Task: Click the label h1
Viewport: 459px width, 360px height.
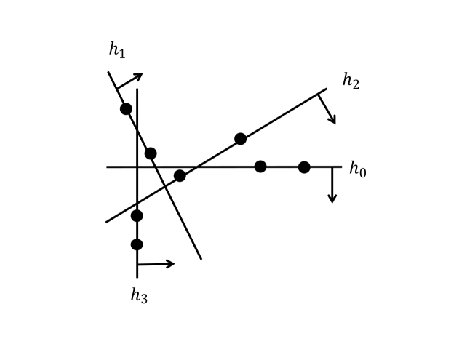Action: pyautogui.click(x=116, y=50)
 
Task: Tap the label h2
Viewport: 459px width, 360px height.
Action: pyautogui.click(x=350, y=81)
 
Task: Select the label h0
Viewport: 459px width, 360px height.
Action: pyautogui.click(x=357, y=169)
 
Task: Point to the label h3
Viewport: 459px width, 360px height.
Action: pyautogui.click(x=139, y=295)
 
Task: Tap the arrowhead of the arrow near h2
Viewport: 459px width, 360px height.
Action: pyautogui.click(x=333, y=121)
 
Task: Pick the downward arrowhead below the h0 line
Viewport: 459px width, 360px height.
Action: pyautogui.click(x=332, y=199)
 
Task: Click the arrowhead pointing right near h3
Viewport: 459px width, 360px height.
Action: pyautogui.click(x=172, y=263)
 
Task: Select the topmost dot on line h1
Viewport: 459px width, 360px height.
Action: pyautogui.click(x=126, y=109)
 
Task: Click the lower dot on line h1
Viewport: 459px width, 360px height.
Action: pyautogui.click(x=151, y=153)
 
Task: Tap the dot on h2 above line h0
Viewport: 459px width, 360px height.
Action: pyautogui.click(x=240, y=139)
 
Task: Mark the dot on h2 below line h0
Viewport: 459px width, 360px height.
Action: pyautogui.click(x=180, y=175)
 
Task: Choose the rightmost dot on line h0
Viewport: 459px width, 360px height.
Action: pyautogui.click(x=304, y=167)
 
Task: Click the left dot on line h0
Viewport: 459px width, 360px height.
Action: pyautogui.click(x=260, y=167)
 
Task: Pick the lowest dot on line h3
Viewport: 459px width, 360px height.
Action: pyautogui.click(x=137, y=244)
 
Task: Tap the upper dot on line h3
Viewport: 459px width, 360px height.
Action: pyautogui.click(x=137, y=215)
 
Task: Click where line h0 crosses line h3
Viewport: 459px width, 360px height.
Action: pyautogui.click(x=137, y=167)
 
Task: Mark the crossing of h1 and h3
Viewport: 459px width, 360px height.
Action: pyautogui.click(x=137, y=128)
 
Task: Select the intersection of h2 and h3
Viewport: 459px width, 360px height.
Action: pyautogui.click(x=137, y=203)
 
